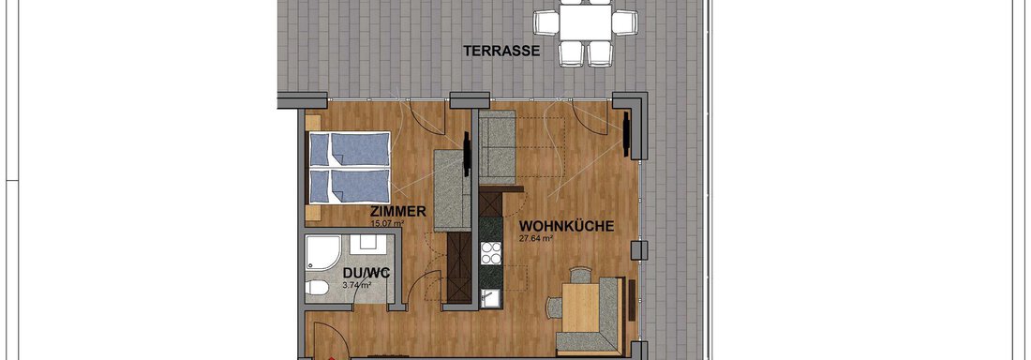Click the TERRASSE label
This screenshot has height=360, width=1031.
[x=501, y=51]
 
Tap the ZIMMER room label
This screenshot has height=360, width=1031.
[x=398, y=212]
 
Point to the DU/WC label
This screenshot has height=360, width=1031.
[x=362, y=273]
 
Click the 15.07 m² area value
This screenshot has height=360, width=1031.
[x=386, y=223]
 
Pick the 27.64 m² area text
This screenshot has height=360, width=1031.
[x=535, y=238]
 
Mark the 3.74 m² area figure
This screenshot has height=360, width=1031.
[x=357, y=285]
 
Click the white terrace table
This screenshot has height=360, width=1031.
[x=586, y=22]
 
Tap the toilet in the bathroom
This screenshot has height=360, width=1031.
[x=317, y=288]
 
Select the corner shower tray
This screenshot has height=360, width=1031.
[x=322, y=253]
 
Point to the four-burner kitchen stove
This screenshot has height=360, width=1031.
[x=491, y=253]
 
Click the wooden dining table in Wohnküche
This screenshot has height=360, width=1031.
[x=580, y=307]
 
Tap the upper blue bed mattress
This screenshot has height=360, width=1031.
[x=350, y=149]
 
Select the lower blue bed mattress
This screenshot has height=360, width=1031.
[x=350, y=187]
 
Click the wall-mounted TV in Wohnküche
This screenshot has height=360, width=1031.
[x=627, y=135]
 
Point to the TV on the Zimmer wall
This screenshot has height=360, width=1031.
[x=467, y=154]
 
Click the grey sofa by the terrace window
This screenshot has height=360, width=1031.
[x=497, y=147]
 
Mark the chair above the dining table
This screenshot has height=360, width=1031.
[x=580, y=275]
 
